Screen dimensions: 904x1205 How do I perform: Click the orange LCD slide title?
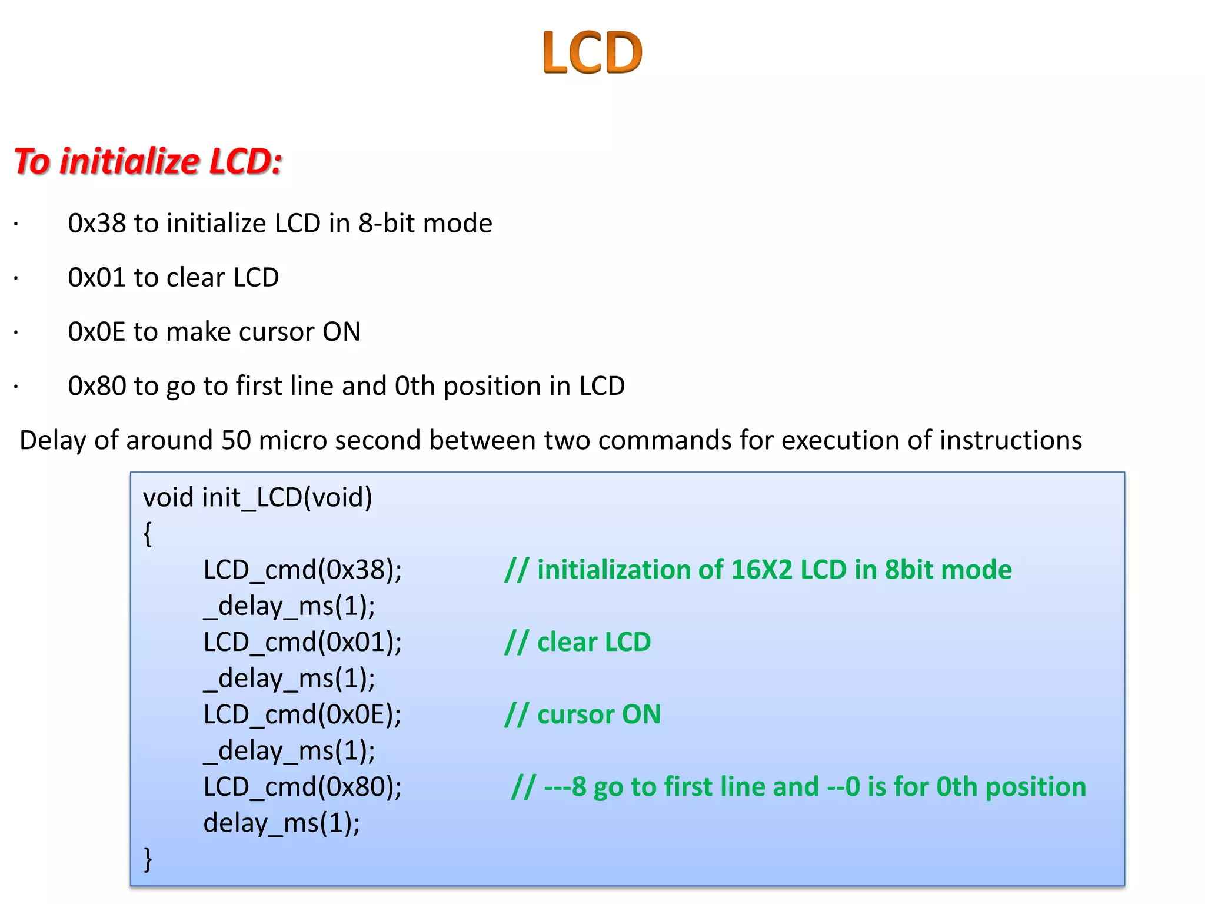pos(592,53)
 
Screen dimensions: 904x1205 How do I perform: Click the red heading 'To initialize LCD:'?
pos(148,161)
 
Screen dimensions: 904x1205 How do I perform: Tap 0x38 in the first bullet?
pos(96,224)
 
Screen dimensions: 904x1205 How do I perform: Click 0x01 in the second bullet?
pos(96,278)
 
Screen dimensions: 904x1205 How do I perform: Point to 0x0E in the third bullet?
pos(96,332)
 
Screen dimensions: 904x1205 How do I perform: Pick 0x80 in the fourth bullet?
pos(96,386)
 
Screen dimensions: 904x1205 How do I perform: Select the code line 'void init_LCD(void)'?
pos(258,498)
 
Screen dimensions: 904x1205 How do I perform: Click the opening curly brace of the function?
pos(148,534)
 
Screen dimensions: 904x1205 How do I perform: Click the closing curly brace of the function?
pos(148,859)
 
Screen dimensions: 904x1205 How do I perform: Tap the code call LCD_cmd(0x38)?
pos(302,570)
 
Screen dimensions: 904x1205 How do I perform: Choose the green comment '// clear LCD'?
pos(578,642)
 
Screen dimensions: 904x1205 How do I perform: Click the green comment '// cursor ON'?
pos(582,714)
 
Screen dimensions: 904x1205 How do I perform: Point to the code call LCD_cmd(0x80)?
pos(302,787)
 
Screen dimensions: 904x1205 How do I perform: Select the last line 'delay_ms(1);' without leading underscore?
pos(281,823)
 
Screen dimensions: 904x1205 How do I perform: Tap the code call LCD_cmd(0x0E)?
pos(302,714)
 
